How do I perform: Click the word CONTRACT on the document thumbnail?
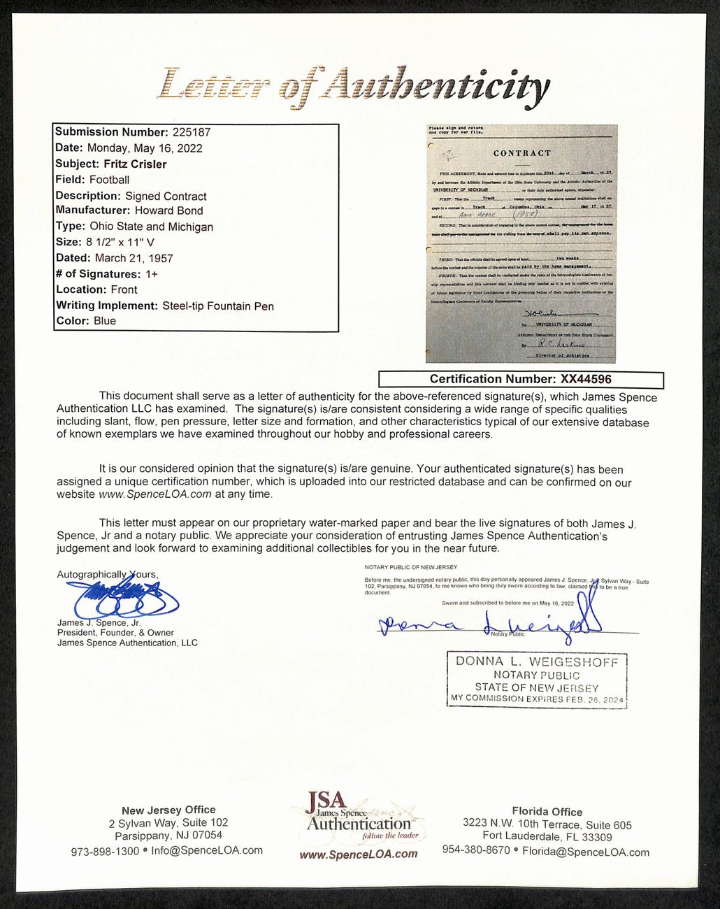(521, 153)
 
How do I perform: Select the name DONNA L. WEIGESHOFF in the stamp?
(537, 661)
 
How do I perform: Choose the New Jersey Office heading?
(168, 810)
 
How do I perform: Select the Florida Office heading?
(547, 812)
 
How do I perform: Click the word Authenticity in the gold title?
(439, 87)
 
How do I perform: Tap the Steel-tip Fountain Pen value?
(218, 306)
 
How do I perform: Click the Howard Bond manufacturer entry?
(168, 210)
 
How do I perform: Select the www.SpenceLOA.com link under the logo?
(358, 854)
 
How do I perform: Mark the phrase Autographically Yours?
(107, 574)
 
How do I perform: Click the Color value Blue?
(105, 321)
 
